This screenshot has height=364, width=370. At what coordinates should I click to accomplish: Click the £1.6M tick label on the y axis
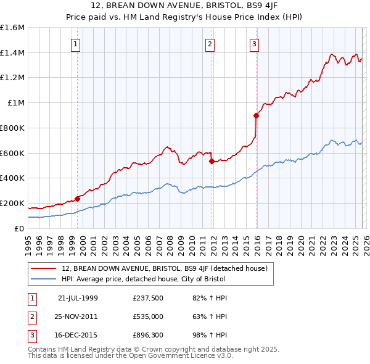click(x=12, y=28)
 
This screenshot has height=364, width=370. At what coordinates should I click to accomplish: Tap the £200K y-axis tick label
click(x=12, y=203)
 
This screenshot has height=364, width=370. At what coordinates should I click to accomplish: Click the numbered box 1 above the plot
click(x=75, y=43)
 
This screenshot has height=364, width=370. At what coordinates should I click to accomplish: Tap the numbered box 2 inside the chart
click(x=210, y=43)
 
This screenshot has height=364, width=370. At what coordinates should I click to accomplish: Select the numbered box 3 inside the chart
click(x=254, y=43)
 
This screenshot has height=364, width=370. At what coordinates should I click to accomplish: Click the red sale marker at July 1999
click(x=78, y=199)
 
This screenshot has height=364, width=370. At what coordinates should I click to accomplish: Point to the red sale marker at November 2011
click(x=212, y=162)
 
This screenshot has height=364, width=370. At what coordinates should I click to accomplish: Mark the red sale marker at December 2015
click(x=256, y=115)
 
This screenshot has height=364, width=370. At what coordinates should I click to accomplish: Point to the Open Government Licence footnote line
click(x=130, y=356)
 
